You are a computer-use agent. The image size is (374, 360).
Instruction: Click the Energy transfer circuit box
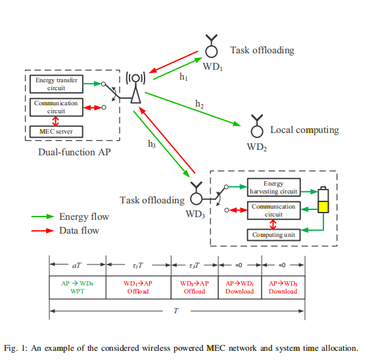coord(57,84)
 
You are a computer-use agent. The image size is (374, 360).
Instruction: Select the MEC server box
coord(57,132)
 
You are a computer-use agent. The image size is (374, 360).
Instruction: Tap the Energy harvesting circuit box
coord(273,188)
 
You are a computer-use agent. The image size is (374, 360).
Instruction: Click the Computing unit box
coord(273,235)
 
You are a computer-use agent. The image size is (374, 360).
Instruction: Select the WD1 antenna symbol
coord(212,46)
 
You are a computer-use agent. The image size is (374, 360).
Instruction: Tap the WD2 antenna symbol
coord(257,126)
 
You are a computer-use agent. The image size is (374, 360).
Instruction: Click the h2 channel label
coord(199,104)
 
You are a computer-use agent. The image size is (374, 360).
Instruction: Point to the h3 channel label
coord(152,144)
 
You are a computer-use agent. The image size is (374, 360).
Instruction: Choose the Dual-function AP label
coord(74,152)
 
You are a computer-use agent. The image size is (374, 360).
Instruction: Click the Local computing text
coord(304,130)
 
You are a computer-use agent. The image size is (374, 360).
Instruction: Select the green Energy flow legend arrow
coord(43,217)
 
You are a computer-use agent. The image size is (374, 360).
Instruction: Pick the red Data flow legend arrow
coord(43,231)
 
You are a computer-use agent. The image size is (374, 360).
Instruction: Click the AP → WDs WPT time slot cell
coord(78,288)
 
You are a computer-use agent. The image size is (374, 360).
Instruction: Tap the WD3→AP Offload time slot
coord(195,288)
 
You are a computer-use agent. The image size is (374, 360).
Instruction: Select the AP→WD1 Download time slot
coord(240,288)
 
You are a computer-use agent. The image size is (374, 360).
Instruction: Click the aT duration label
coord(76,265)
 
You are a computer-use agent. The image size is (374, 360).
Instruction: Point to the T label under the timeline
coord(176,311)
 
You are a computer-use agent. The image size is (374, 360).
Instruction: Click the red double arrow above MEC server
coord(56,121)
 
